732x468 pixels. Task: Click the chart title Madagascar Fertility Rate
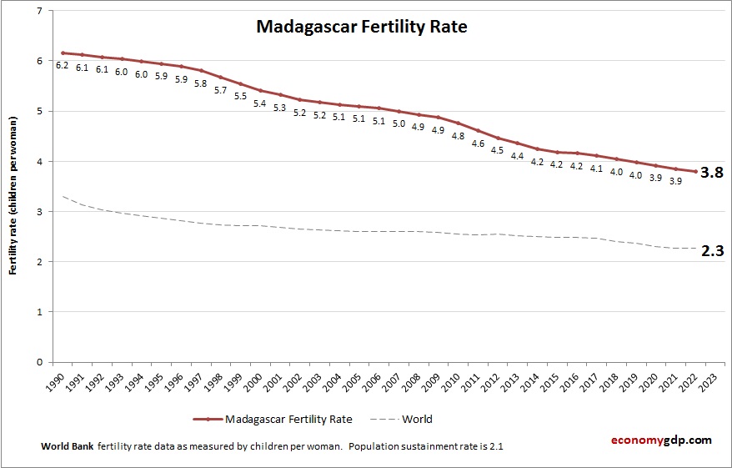(x=361, y=27)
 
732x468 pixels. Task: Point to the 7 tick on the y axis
(x=39, y=11)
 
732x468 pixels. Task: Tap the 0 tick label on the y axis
(x=39, y=362)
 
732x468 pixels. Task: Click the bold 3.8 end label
(x=711, y=173)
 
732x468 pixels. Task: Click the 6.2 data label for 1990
(x=63, y=65)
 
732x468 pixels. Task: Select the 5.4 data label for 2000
(x=260, y=103)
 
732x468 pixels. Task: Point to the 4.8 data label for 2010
(x=458, y=135)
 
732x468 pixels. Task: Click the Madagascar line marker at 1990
(x=63, y=53)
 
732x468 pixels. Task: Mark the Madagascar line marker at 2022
(x=694, y=172)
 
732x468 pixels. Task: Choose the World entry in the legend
(x=415, y=420)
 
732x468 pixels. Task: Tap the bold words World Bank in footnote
(x=67, y=446)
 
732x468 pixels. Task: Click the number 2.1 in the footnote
(x=496, y=446)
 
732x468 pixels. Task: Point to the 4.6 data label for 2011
(x=478, y=143)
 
